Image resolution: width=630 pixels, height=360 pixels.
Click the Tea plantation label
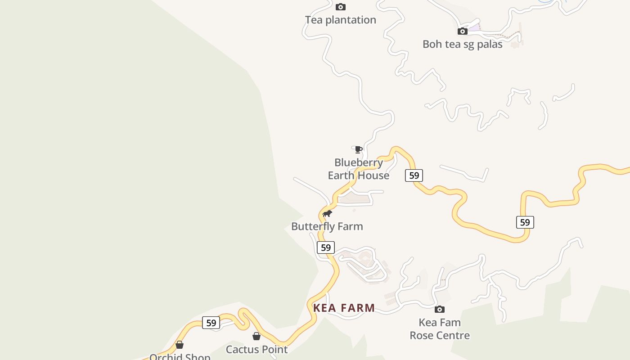click(340, 20)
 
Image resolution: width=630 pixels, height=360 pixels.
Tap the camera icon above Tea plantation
click(341, 7)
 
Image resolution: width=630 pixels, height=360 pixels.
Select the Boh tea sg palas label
click(462, 44)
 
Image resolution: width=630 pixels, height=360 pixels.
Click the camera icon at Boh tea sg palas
click(462, 31)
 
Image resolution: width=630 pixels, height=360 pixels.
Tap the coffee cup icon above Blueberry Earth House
click(358, 149)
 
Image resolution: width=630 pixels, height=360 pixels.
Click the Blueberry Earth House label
click(358, 169)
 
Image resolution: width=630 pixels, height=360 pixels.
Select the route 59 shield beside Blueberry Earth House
click(414, 175)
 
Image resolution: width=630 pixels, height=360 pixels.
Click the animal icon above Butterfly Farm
click(327, 213)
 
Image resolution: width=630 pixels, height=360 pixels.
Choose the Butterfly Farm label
click(327, 226)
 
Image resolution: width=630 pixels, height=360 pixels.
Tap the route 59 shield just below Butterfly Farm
click(326, 247)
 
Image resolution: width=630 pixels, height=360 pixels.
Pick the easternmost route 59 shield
click(525, 222)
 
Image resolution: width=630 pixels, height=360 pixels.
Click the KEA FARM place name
click(344, 308)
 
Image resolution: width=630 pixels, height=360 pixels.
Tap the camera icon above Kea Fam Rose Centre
click(440, 309)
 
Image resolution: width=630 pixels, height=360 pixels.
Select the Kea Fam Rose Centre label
click(440, 329)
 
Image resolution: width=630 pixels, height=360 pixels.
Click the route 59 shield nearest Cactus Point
click(211, 323)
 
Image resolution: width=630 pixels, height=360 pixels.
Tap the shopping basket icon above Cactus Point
click(256, 336)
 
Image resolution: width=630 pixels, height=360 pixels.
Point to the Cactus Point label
click(256, 349)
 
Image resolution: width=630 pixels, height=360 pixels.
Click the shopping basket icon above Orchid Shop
click(180, 345)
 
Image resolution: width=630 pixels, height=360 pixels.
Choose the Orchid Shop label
click(180, 356)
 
